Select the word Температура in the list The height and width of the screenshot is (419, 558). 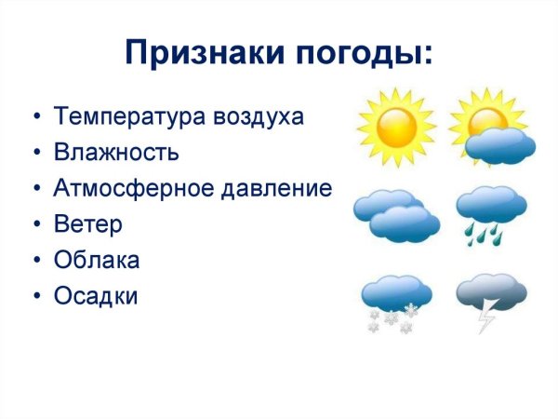point(120,117)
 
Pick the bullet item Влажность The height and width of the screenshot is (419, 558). point(116,153)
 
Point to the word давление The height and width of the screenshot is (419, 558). point(275,189)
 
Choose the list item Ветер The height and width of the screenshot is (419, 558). point(87,224)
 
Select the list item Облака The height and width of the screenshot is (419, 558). point(97,261)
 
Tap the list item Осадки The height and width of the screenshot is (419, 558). point(96,296)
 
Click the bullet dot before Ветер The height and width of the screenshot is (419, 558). point(35,225)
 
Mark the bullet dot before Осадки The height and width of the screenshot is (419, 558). point(35,297)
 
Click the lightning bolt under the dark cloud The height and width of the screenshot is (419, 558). point(486,318)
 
